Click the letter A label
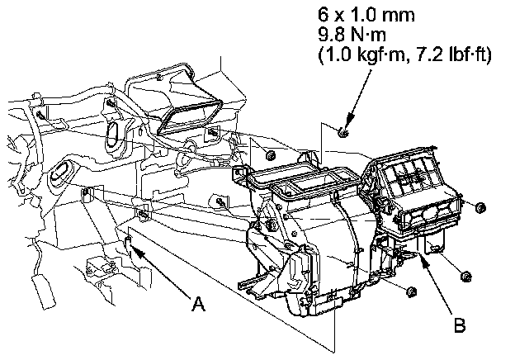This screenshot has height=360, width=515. click(x=197, y=304)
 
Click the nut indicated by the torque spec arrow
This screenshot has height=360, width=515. click(x=343, y=132)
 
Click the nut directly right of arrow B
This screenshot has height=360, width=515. click(x=464, y=275)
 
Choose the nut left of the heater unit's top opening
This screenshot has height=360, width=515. click(x=269, y=154)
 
